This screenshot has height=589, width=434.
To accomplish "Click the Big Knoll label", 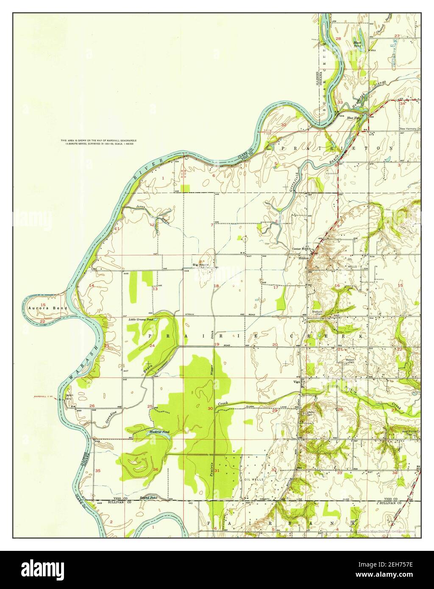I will click(201, 265).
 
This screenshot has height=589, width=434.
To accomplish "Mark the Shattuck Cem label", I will click(317, 313).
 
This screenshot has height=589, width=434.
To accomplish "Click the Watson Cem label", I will click(350, 361).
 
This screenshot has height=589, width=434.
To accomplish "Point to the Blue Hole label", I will click(353, 118).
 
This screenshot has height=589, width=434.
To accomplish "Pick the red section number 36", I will click(156, 469).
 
